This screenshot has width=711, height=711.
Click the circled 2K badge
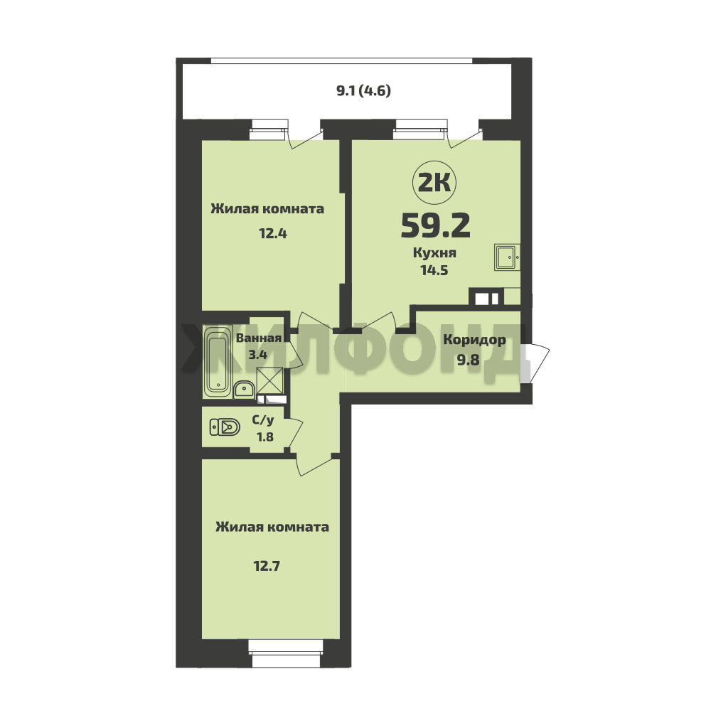434,183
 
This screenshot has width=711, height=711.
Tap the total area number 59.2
435,225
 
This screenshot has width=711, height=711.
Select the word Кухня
434,253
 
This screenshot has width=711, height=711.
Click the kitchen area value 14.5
434,270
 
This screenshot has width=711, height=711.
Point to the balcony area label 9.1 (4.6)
363,91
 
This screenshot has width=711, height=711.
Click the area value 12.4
273,233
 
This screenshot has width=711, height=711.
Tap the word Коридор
474,340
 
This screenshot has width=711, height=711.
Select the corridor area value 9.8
468,360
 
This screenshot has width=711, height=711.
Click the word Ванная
259,338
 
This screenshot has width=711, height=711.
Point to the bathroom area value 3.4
257,354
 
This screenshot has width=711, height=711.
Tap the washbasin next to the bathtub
245,390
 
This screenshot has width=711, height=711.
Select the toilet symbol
225,427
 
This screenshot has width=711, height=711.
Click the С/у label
263,421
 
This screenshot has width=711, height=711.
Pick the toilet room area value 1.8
264,437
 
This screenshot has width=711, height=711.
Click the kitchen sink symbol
507,257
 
